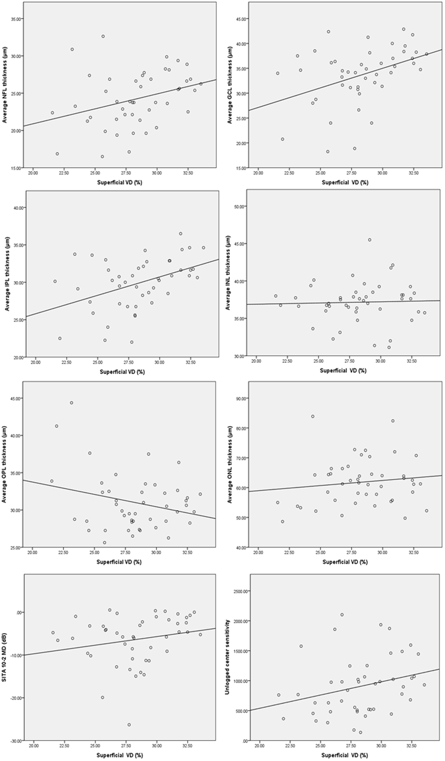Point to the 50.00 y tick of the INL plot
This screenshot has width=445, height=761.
[239, 206]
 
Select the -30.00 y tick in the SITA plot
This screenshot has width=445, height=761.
[17, 740]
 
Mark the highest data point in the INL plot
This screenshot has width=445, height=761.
[370, 240]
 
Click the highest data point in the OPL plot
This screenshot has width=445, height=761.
[71, 403]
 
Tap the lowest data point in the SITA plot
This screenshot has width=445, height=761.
[129, 725]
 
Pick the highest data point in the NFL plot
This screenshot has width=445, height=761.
[103, 36]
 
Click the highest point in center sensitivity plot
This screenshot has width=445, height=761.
[342, 615]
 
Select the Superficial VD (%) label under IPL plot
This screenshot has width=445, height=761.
[122, 372]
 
